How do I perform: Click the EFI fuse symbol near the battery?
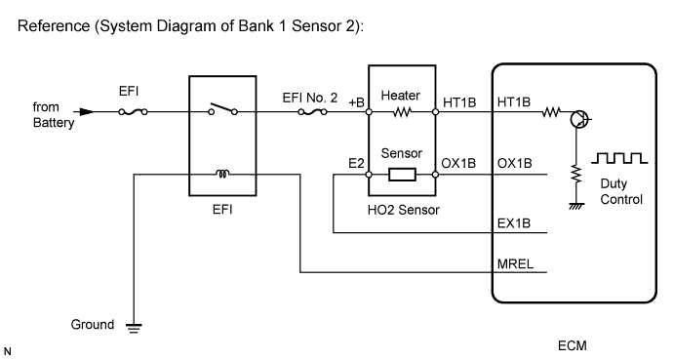point(135,112)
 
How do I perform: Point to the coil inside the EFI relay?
point(222,176)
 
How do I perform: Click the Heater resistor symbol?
point(402,112)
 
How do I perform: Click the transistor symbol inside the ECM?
point(582,119)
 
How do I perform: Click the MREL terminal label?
point(513,261)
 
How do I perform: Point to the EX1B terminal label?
point(513,224)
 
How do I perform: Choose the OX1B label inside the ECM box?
point(513,163)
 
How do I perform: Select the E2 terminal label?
point(355,163)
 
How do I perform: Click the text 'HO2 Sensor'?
point(401,208)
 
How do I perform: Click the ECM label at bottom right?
point(573,345)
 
